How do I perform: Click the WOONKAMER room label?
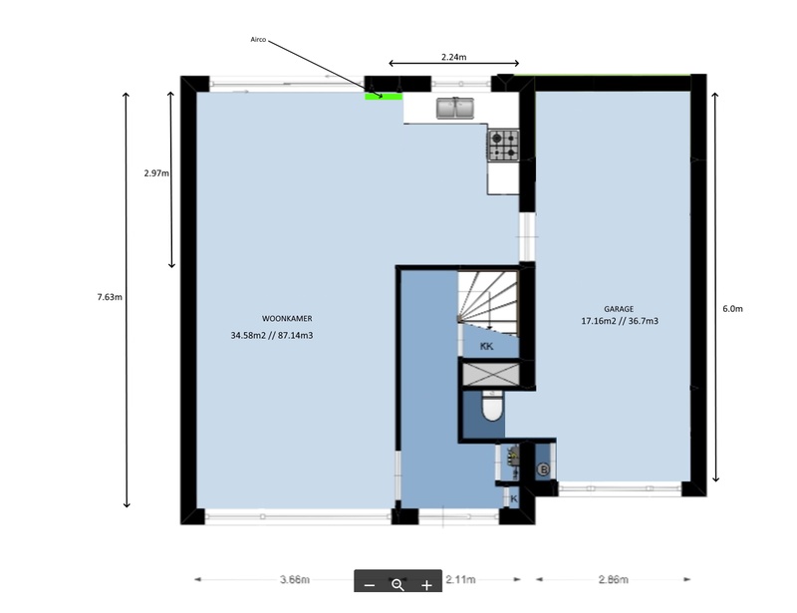coord(287,319)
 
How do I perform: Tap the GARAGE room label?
coord(619,309)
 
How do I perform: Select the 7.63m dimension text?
coord(110,297)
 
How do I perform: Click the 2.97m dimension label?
coord(156,173)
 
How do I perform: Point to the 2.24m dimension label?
coord(454,57)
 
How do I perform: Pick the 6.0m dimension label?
coord(732,309)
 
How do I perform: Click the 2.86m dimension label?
coord(614,579)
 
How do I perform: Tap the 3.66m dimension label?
coord(295,579)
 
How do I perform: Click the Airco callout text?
coord(258,40)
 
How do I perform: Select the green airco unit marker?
coord(384,96)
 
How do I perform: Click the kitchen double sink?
coord(455,109)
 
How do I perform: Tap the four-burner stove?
coord(504,145)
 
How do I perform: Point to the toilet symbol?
coord(491,406)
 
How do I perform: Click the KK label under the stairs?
coord(486,347)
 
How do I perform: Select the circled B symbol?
coord(543,469)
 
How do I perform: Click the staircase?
coord(488,298)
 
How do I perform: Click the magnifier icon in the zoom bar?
coord(398,585)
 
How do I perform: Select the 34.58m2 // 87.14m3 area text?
coord(272,336)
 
